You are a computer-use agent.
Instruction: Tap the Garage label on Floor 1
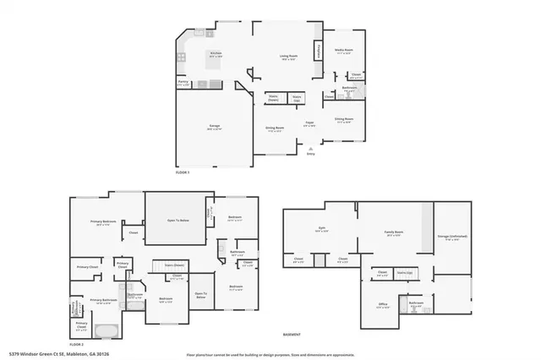[x=216, y=127]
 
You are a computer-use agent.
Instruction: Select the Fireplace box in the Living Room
[x=318, y=51]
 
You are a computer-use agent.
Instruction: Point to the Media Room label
[x=342, y=50]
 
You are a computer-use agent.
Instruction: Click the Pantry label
[x=183, y=83]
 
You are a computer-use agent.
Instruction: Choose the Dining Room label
[x=275, y=128]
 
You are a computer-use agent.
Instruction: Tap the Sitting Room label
[x=343, y=120]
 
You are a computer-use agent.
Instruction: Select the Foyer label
[x=310, y=123]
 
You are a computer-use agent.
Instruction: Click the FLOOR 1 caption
[x=183, y=172]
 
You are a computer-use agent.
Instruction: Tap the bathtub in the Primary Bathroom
[x=107, y=330]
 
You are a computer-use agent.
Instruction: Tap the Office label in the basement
[x=383, y=304]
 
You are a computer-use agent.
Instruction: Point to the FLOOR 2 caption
[x=77, y=345]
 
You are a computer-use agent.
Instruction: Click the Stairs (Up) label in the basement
[x=404, y=273]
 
